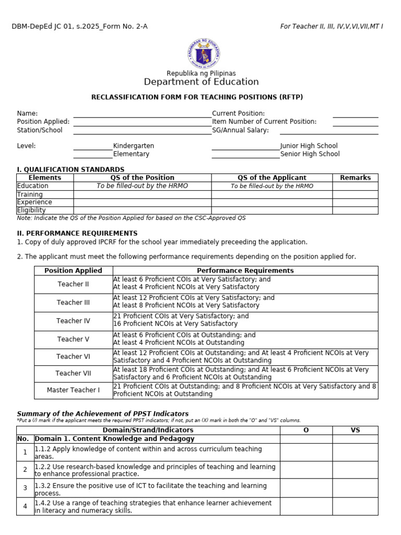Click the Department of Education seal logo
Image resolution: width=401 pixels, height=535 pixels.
point(204,53)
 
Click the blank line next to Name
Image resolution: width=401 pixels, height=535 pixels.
point(142,114)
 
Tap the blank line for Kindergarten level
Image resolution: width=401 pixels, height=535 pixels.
point(93,147)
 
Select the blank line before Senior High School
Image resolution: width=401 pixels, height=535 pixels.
point(245,155)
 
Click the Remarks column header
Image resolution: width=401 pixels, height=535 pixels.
point(355,178)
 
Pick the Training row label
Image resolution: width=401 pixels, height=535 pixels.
point(30,194)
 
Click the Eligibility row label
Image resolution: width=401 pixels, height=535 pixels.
point(31,210)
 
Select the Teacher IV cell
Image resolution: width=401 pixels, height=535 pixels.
point(73,321)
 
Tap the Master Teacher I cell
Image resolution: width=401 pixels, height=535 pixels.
point(73,390)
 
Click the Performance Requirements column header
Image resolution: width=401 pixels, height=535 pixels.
point(245,271)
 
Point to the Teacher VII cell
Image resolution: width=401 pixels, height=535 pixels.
point(73,374)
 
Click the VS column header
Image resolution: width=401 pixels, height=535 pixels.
point(355,430)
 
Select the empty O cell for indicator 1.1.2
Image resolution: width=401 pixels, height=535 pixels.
point(306,452)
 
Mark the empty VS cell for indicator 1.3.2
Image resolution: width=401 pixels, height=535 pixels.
point(355,489)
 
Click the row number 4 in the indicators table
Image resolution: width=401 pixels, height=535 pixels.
point(25,506)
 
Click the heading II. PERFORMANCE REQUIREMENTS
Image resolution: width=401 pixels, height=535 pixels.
point(77,233)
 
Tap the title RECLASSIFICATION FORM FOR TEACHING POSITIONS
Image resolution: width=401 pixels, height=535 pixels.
point(197,97)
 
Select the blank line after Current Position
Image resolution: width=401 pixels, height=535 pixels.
point(355,114)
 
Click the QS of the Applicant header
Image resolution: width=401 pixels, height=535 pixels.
point(272,178)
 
